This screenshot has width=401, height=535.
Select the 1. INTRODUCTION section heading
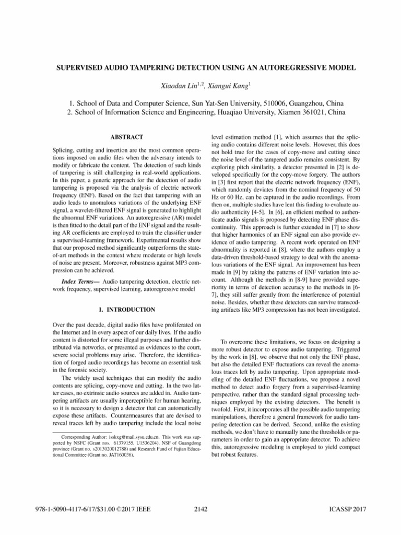(x=123, y=310)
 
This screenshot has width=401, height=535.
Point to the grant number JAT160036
(x=117, y=456)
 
